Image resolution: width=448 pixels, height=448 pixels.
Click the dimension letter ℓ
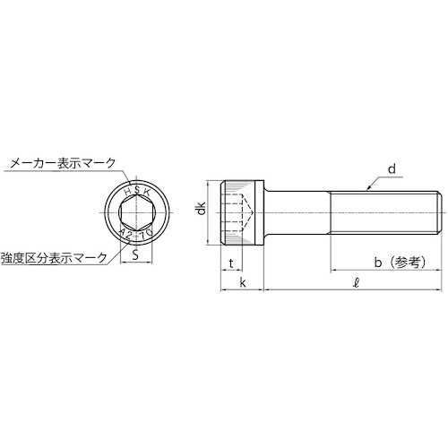click(357, 284)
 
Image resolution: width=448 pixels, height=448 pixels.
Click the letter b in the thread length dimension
click(379, 262)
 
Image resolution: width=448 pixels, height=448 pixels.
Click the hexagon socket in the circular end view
click(136, 211)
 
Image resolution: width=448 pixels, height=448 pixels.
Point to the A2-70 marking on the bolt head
click(137, 235)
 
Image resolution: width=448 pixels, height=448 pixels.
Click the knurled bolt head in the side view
click(242, 212)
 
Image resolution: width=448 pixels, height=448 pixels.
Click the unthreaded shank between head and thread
click(299, 212)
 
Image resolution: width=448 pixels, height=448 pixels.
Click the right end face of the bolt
click(439, 212)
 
